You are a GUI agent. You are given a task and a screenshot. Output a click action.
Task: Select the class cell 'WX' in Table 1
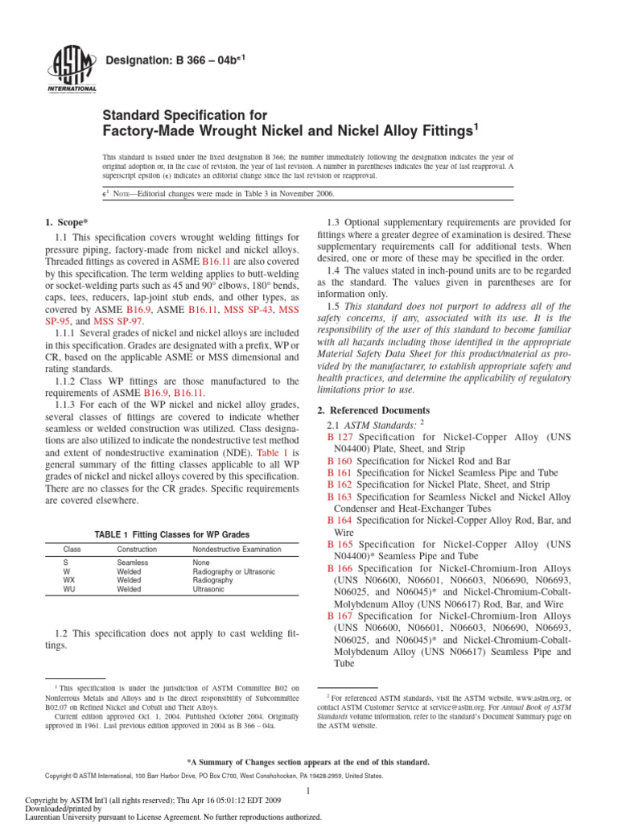pos(69,579)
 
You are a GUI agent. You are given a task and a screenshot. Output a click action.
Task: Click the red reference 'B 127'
pos(340,436)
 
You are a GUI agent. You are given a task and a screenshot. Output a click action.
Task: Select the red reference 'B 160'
pos(340,462)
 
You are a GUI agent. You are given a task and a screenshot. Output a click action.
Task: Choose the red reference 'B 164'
pos(340,520)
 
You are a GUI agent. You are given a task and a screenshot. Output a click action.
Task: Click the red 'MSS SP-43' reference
pos(251,309)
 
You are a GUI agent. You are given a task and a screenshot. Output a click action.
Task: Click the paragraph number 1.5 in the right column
pos(335,307)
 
